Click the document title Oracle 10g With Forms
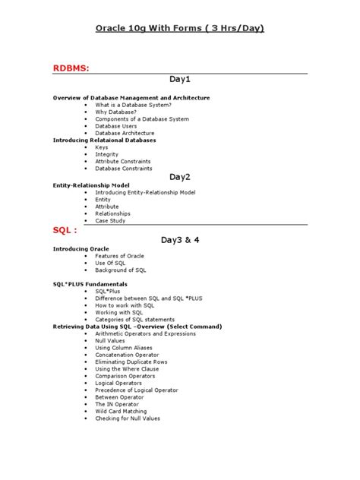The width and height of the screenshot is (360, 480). tap(179, 28)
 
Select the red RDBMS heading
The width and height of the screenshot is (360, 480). tap(71, 69)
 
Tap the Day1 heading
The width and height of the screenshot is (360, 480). tap(179, 79)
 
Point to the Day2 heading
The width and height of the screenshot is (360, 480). tap(179, 176)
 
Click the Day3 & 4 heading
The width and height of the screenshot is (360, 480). tap(179, 240)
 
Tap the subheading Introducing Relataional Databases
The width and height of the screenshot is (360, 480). tap(103, 140)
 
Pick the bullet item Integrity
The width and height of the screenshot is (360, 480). tap(107, 154)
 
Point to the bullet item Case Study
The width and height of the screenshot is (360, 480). tap(112, 221)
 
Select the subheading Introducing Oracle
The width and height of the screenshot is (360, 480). tap(81, 249)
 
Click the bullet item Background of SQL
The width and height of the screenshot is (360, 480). tap(121, 270)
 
